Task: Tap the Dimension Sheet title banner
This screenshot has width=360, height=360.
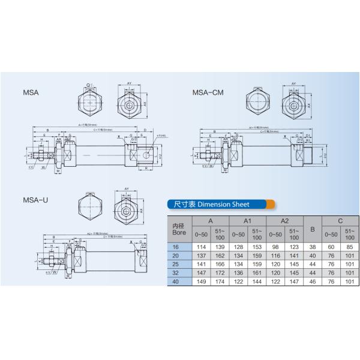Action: (x=220, y=204)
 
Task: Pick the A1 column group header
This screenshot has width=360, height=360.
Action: (x=248, y=221)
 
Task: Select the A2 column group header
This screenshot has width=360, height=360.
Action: (x=284, y=221)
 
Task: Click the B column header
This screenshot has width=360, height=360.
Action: (x=312, y=229)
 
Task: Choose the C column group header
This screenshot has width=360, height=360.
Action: (x=340, y=221)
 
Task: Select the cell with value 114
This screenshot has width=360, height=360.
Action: (x=202, y=247)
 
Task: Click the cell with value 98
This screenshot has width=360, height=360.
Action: (x=275, y=247)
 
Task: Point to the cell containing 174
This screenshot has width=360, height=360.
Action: (x=220, y=280)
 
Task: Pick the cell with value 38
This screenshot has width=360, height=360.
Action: (x=312, y=247)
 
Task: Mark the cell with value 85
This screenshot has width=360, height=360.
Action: (x=349, y=247)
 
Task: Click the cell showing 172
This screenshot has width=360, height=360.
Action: (x=220, y=272)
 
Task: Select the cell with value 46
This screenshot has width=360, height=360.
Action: (x=312, y=280)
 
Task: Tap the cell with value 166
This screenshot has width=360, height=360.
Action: (x=220, y=263)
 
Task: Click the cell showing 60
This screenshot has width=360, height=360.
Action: (x=331, y=247)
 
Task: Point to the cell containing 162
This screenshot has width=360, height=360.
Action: (x=220, y=255)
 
